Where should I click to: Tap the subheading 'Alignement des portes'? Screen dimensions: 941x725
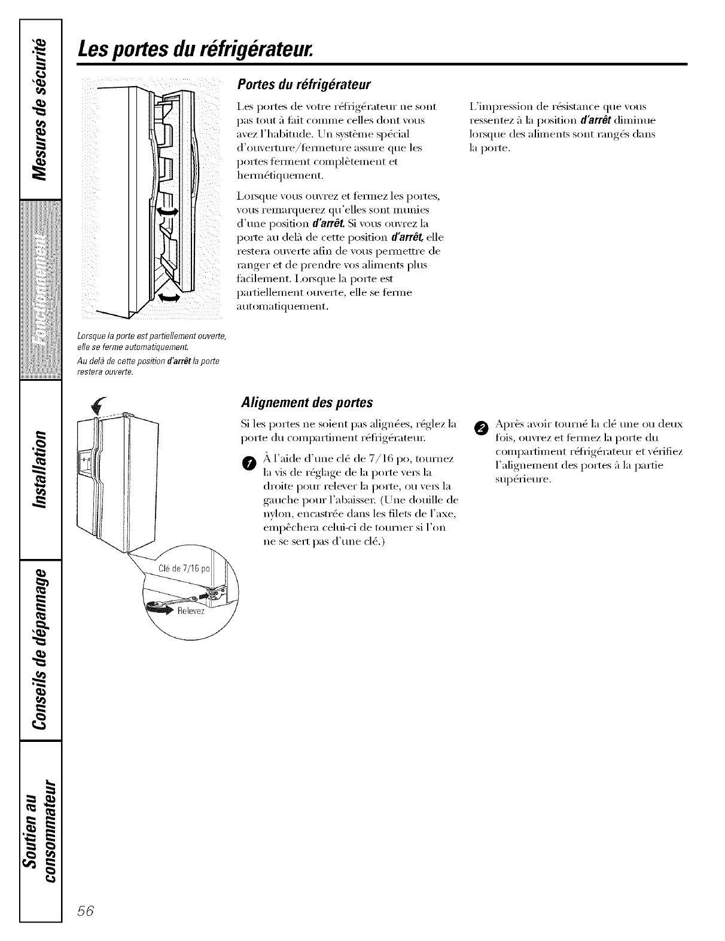coord(306,401)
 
